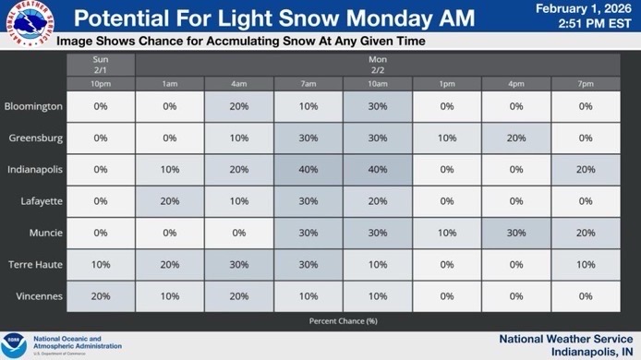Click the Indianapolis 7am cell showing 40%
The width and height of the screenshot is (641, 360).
pyautogui.click(x=308, y=170)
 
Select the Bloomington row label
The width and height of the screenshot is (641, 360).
pyautogui.click(x=34, y=106)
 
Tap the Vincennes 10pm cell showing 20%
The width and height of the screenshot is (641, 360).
pyautogui.click(x=101, y=296)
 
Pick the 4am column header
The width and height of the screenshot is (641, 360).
pyautogui.click(x=239, y=85)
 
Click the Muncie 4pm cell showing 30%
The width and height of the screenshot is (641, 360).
pyautogui.click(x=516, y=233)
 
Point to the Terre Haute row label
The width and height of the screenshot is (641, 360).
pyautogui.click(x=35, y=264)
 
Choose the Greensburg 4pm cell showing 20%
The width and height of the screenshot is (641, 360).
pyautogui.click(x=516, y=138)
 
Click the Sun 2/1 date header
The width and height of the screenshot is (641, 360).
pyautogui.click(x=101, y=64)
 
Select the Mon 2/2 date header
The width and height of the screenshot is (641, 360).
pyautogui.click(x=378, y=64)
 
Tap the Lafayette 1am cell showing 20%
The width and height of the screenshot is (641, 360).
pyautogui.click(x=170, y=201)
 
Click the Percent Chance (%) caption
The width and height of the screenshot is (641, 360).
pyautogui.click(x=344, y=320)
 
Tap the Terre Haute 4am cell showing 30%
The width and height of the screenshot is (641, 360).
pyautogui.click(x=239, y=264)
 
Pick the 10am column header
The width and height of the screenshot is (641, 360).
pyautogui.click(x=378, y=85)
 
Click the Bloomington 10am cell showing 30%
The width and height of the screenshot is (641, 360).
pyautogui.click(x=378, y=106)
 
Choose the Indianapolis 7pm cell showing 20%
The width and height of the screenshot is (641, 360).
pyautogui.click(x=586, y=170)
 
